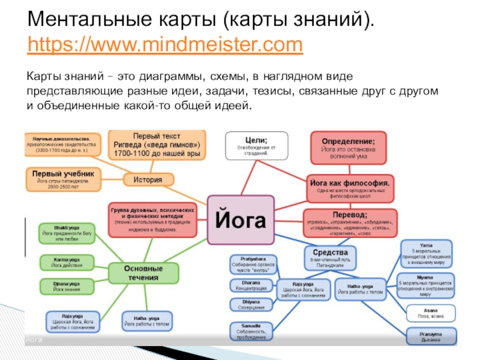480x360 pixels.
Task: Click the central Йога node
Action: pos(240,220)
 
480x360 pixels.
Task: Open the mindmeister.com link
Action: pos(165,44)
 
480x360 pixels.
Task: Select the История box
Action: pos(149,179)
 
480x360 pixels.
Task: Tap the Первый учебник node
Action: pos(62,178)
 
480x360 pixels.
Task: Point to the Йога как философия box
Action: pos(351,187)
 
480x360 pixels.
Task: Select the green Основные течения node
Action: pos(143,272)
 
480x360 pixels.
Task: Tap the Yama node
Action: pos(427,253)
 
